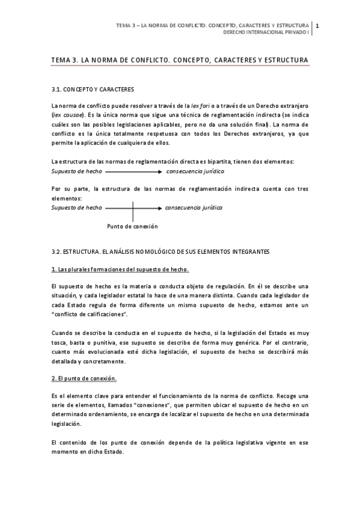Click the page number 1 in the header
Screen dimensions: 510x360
pos(317,25)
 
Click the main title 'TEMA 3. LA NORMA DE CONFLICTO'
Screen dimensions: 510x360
pos(180,61)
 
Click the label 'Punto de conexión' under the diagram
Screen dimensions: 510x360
pos(132,227)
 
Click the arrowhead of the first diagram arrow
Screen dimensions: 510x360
pos(160,171)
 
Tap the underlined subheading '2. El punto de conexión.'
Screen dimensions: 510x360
pos(84,379)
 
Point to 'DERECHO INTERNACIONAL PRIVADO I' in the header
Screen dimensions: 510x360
pos(266,32)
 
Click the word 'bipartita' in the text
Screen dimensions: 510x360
pos(222,162)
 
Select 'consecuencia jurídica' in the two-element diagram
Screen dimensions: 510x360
pos(194,171)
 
